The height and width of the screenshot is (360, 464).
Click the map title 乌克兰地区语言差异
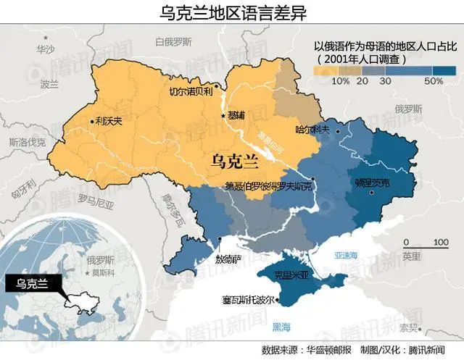pyautogui.click(x=232, y=12)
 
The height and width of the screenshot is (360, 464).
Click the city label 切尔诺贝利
pyautogui.click(x=191, y=92)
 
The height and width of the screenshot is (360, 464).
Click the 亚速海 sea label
pyautogui.click(x=345, y=255)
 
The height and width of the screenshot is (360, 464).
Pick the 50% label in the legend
pyautogui.click(x=434, y=81)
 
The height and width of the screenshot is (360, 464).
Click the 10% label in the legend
pyautogui.click(x=340, y=81)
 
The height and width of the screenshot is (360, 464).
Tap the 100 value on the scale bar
pyautogui.click(x=440, y=241)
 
